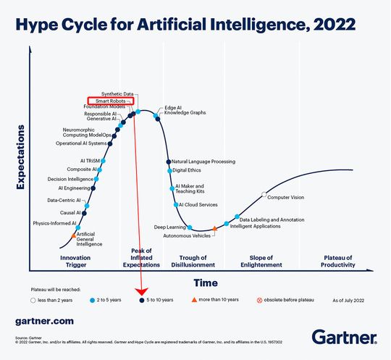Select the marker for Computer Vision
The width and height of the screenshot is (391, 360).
pyautogui.click(x=264, y=196)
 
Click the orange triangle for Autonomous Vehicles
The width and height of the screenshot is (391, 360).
pyautogui.click(x=214, y=229)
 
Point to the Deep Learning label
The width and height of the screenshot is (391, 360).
pyautogui.click(x=169, y=227)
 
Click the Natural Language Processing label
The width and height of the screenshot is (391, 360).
pyautogui.click(x=203, y=162)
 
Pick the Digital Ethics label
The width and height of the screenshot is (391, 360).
pyautogui.click(x=186, y=171)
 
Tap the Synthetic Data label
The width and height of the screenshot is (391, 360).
pyautogui.click(x=117, y=94)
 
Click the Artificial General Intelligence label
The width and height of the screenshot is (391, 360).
pyautogui.click(x=89, y=239)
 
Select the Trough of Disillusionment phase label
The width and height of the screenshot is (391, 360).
pyautogui.click(x=198, y=261)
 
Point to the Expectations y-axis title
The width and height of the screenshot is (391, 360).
pyautogui.click(x=21, y=157)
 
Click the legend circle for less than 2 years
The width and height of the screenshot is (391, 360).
pyautogui.click(x=33, y=298)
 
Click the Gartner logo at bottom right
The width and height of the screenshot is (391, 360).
pyautogui.click(x=344, y=336)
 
